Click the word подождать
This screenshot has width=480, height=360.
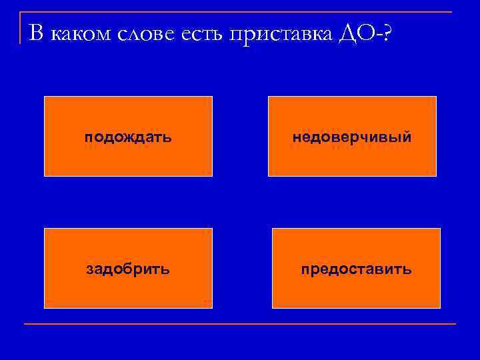point(128,137)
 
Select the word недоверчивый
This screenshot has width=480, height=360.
point(352,137)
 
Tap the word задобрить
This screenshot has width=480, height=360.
point(128,269)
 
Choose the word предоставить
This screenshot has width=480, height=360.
point(356,269)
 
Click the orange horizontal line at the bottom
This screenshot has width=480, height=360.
point(240,324)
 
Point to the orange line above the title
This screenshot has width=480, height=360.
point(240,12)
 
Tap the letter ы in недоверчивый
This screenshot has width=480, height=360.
point(397,137)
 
